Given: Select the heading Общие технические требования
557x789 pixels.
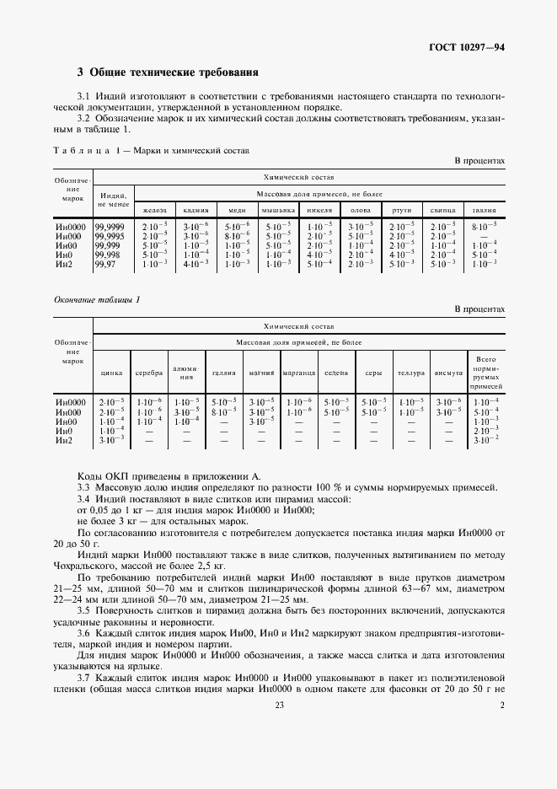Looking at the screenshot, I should pyautogui.click(x=168, y=72).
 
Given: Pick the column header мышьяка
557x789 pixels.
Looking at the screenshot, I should pyautogui.click(x=278, y=210).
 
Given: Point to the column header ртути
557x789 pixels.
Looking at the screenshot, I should pyautogui.click(x=402, y=210).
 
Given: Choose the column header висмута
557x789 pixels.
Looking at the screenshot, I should pyautogui.click(x=448, y=373).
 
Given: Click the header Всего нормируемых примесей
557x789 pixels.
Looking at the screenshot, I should pyautogui.click(x=486, y=371).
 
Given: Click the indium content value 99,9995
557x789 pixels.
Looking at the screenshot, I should pyautogui.click(x=113, y=235).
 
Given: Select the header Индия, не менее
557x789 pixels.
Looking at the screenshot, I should pyautogui.click(x=113, y=200).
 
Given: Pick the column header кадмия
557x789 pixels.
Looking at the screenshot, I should pyautogui.click(x=195, y=210).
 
